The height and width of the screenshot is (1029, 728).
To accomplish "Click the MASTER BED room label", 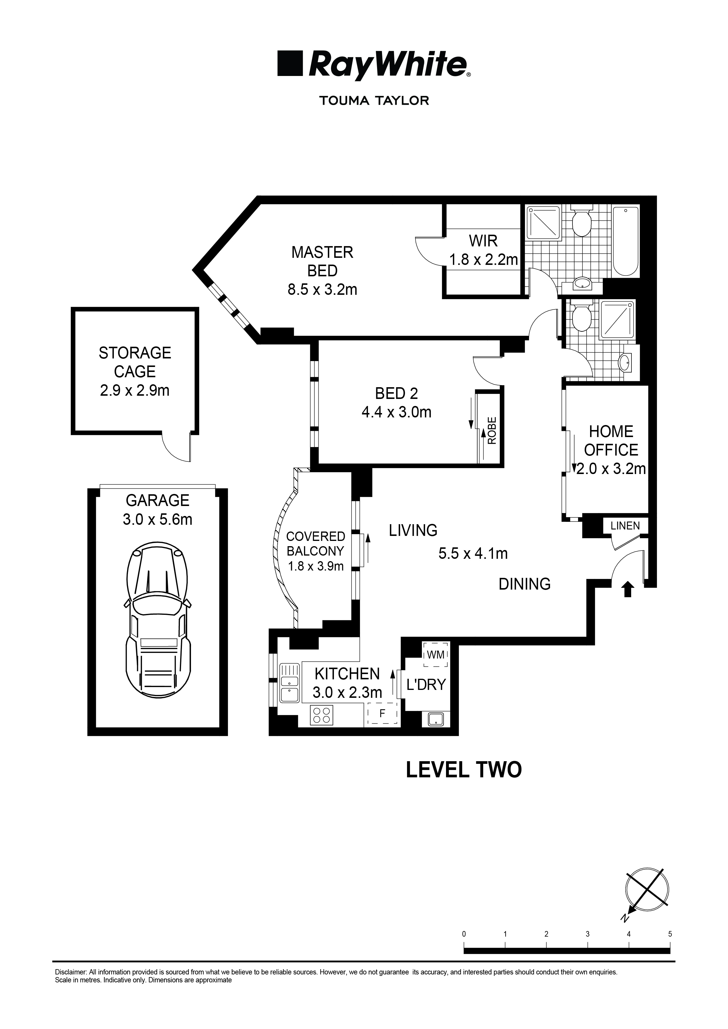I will (x=322, y=262).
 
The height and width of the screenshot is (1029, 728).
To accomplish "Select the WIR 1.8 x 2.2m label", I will (x=483, y=251).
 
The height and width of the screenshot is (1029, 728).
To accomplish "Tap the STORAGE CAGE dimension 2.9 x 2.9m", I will (x=134, y=390).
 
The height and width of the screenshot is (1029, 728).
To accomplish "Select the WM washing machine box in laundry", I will (x=435, y=655).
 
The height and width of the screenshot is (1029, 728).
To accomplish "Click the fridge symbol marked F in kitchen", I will (x=382, y=713).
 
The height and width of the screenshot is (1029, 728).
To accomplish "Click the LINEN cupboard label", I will (x=625, y=526).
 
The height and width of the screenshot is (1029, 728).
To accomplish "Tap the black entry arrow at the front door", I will (x=628, y=589).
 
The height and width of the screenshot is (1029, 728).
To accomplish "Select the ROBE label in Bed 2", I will (x=492, y=430).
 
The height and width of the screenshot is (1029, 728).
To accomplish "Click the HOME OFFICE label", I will (x=611, y=441).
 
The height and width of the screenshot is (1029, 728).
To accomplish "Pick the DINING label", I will (x=524, y=583).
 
